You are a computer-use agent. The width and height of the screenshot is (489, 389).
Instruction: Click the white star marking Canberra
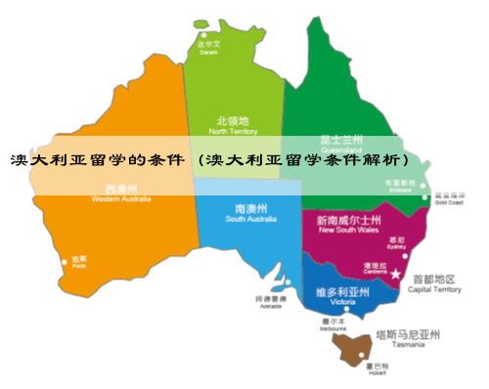(x=396, y=276)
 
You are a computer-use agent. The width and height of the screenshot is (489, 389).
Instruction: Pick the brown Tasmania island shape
(x=353, y=347)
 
